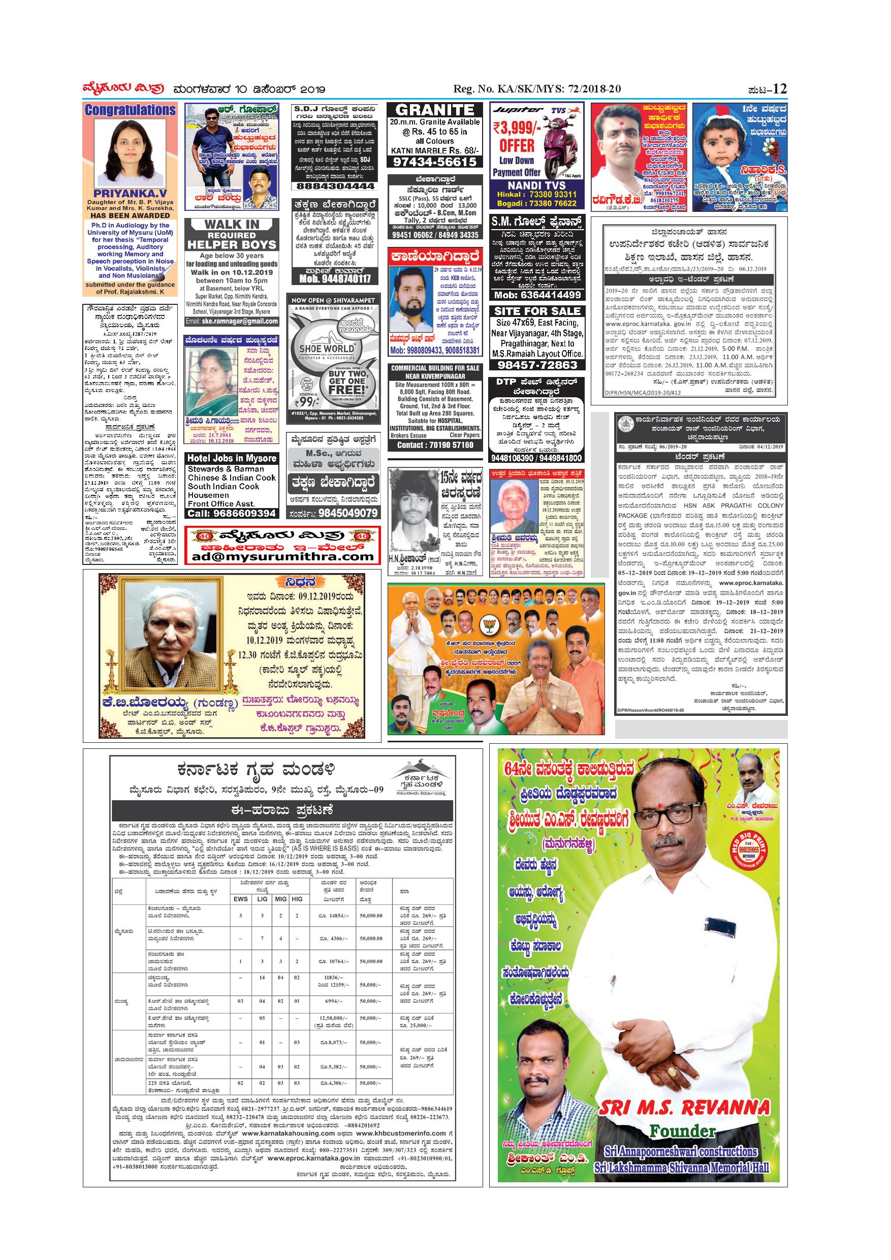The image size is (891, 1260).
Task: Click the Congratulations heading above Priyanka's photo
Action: (130, 110)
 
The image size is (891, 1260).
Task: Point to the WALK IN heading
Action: (232, 224)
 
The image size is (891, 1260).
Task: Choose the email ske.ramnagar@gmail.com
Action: (232, 321)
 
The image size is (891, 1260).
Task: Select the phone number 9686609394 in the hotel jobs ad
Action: (232, 514)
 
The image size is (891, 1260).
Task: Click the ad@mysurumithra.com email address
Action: (282, 557)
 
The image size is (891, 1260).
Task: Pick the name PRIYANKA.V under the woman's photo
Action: (130, 194)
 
